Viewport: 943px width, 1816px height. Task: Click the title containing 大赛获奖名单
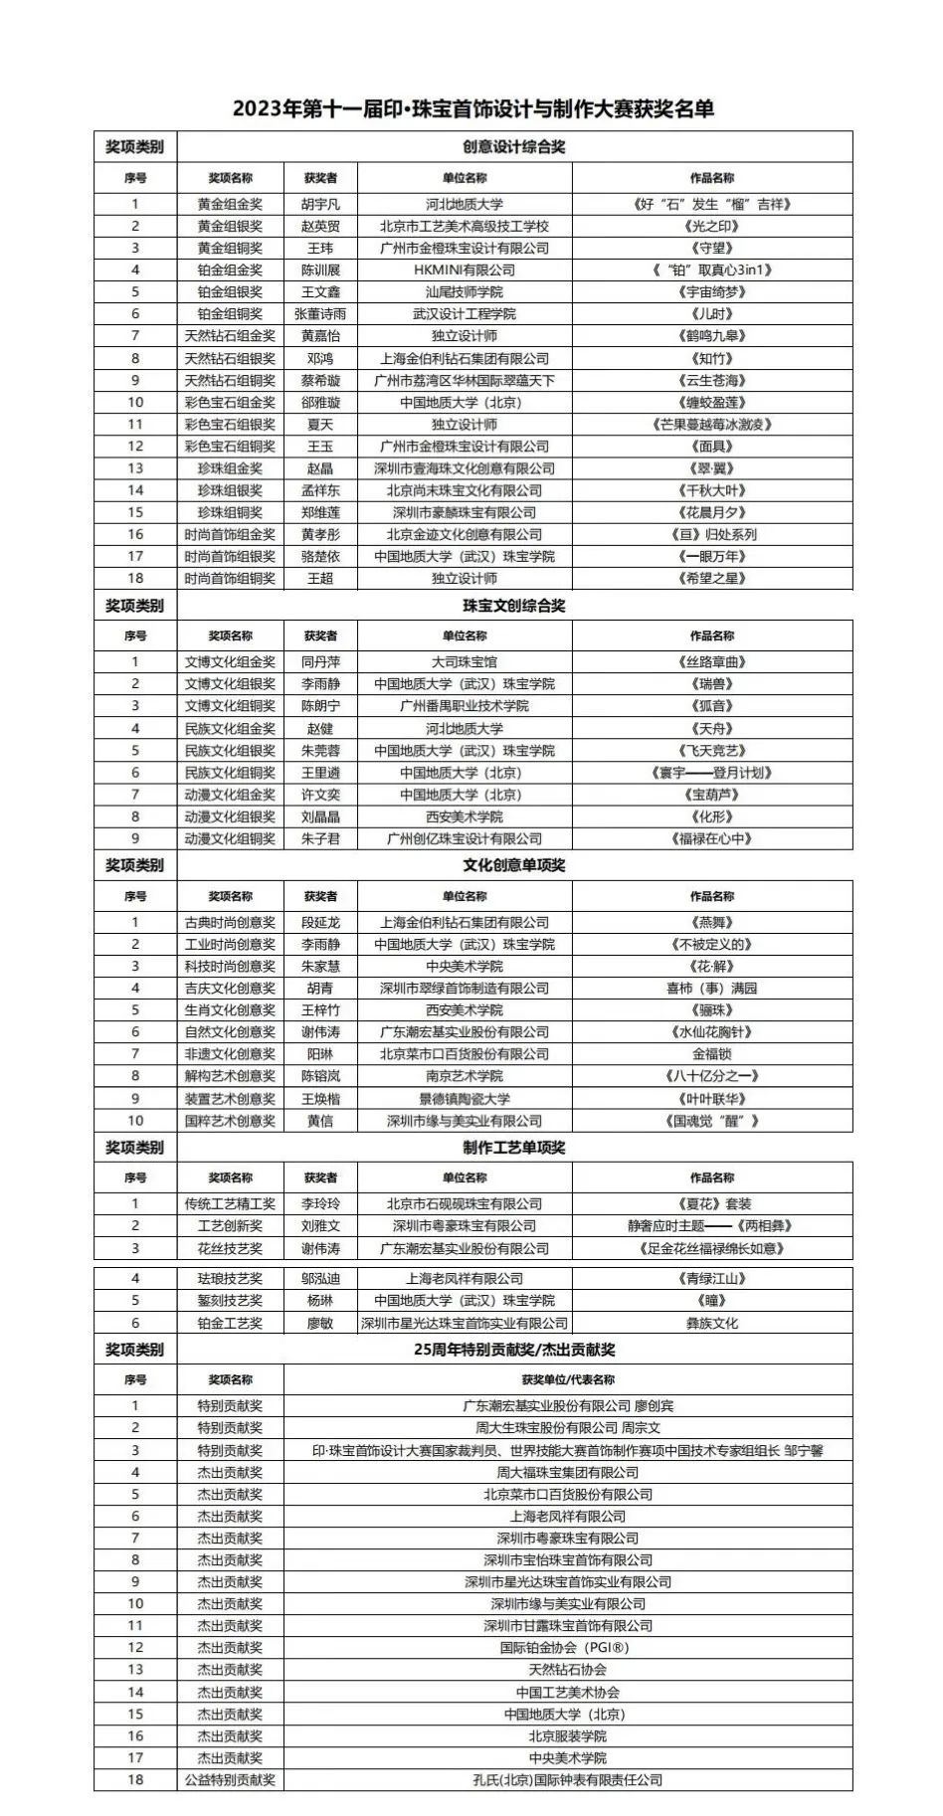click(473, 108)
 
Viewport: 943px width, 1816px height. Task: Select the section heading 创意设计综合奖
click(513, 147)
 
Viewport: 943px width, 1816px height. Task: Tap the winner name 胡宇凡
click(320, 204)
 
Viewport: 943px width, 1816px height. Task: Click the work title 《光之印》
click(712, 226)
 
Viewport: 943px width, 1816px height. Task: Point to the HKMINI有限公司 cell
click(465, 270)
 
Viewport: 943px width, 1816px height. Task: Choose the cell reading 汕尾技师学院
click(465, 291)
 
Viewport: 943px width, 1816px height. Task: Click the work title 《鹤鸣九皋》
click(712, 336)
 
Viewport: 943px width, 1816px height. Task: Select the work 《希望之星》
click(712, 578)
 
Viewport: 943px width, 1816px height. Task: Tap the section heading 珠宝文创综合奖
click(513, 606)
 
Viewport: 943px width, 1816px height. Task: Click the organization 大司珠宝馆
click(465, 661)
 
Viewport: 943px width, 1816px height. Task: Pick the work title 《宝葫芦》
click(712, 795)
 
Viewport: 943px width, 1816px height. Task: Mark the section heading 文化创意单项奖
click(513, 865)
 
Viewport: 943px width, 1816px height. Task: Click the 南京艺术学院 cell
click(465, 1076)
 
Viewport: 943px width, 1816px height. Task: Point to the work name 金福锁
click(712, 1054)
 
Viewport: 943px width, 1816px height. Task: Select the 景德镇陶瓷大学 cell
click(465, 1099)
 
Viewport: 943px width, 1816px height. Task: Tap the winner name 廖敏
click(320, 1323)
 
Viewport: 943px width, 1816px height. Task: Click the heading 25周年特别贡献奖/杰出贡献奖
click(513, 1350)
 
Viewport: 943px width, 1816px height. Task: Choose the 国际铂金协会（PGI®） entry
click(568, 1647)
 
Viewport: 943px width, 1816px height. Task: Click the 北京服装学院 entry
click(568, 1735)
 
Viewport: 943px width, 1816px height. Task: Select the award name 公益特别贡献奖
click(230, 1779)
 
